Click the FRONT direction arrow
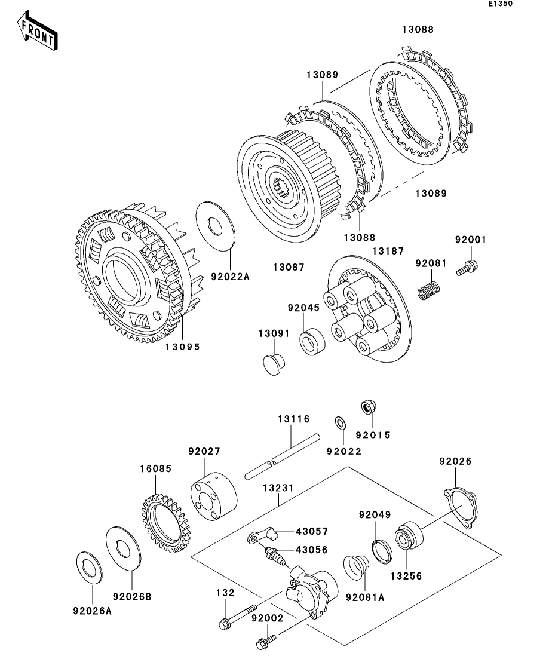38,34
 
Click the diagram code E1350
501,4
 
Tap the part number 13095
183,346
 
